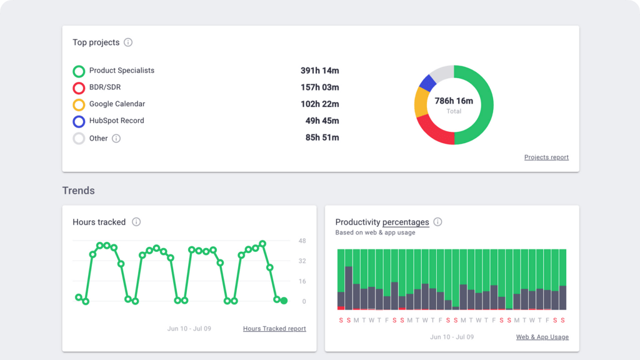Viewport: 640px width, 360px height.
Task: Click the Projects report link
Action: pos(546,157)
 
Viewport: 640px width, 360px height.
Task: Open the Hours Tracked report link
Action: pos(274,329)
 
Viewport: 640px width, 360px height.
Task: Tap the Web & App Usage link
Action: pos(542,337)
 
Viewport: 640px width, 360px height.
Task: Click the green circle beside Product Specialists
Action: pos(79,71)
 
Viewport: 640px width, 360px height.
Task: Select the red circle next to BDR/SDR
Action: pos(79,88)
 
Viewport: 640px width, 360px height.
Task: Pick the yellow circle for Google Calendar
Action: pos(79,105)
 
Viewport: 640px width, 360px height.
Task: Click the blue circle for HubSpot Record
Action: pos(79,122)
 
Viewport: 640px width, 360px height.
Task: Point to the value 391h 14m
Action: pos(319,71)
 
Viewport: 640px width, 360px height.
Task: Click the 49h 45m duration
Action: pos(322,121)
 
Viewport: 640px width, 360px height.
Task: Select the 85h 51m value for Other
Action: pos(322,138)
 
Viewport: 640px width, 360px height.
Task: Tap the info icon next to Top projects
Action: pos(128,42)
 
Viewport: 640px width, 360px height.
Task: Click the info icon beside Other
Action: pos(116,139)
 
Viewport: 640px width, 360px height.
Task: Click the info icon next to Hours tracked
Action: pos(136,222)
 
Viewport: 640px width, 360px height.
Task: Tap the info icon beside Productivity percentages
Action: pos(437,222)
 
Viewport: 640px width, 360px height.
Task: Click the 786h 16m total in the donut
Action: pos(454,101)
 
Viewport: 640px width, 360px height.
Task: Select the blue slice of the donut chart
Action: pos(427,82)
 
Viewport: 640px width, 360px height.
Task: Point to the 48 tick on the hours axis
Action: pos(302,241)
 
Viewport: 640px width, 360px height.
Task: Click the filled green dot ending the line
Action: pos(284,301)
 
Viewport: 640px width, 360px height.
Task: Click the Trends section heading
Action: pos(78,190)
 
